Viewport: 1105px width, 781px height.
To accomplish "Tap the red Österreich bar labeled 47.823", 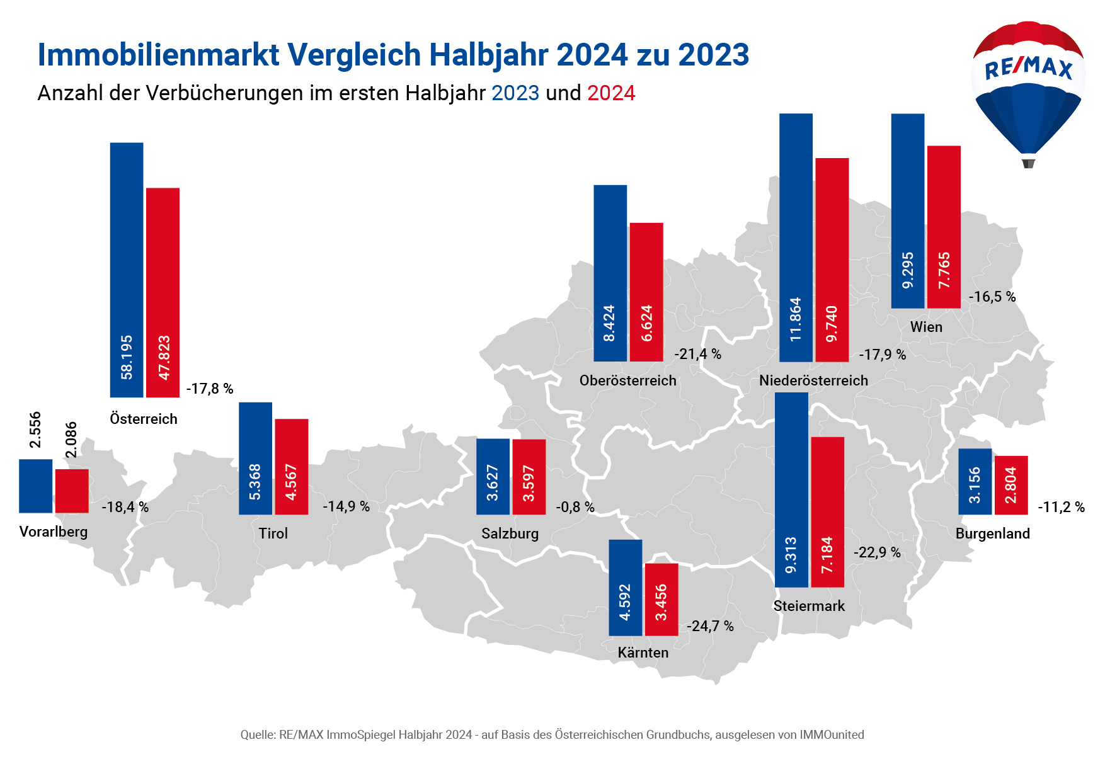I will (163, 292).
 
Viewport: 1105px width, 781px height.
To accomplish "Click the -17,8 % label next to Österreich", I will (210, 389).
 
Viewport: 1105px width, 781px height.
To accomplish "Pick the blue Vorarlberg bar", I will (36, 486).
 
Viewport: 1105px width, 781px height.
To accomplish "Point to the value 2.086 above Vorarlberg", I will (71, 440).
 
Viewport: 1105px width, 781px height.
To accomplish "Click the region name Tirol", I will (273, 533).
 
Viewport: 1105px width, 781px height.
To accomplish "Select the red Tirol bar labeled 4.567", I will (292, 467).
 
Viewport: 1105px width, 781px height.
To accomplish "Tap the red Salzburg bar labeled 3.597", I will (529, 477).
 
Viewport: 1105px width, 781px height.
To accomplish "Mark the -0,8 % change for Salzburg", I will (575, 507).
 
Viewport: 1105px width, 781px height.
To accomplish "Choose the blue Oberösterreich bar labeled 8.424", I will (610, 273).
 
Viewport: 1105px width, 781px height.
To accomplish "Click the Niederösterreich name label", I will (813, 380).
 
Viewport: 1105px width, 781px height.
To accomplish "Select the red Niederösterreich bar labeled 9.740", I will (832, 259).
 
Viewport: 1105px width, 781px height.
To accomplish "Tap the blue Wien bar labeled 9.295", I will (908, 211).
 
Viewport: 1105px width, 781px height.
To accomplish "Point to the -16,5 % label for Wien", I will (992, 297).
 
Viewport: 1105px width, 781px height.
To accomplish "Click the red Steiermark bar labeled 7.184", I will (828, 512).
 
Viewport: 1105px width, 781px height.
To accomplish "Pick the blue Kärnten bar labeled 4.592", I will (626, 588).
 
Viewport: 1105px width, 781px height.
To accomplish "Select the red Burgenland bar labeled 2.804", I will (1011, 485).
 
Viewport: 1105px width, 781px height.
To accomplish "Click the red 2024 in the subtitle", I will (611, 93).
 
